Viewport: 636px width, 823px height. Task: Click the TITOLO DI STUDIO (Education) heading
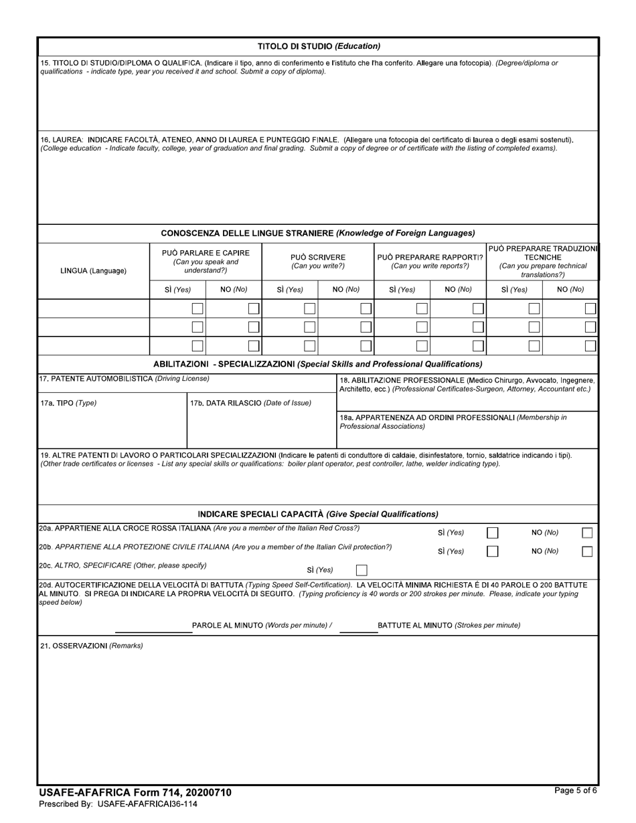click(x=319, y=46)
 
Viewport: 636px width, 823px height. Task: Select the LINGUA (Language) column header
click(x=93, y=271)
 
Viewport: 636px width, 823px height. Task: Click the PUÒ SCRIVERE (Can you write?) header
click(x=318, y=262)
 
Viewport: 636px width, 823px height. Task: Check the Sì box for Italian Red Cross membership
click(x=493, y=533)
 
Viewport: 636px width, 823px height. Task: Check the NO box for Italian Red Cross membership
click(x=587, y=533)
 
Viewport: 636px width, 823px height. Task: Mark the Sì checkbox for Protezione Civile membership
click(x=493, y=552)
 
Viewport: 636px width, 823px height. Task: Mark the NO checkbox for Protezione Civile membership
click(x=587, y=552)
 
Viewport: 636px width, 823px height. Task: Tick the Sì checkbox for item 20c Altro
click(x=362, y=571)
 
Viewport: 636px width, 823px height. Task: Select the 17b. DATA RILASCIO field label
click(x=250, y=403)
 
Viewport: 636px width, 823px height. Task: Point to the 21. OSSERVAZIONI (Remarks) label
click(x=91, y=646)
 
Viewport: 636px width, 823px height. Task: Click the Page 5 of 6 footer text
click(x=576, y=791)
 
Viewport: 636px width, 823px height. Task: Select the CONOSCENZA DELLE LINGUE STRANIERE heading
click(x=318, y=233)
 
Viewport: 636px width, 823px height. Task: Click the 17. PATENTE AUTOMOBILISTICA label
click(x=125, y=379)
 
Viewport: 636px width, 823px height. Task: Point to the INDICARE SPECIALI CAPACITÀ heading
click(x=318, y=514)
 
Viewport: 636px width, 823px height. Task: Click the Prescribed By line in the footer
click(x=118, y=804)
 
